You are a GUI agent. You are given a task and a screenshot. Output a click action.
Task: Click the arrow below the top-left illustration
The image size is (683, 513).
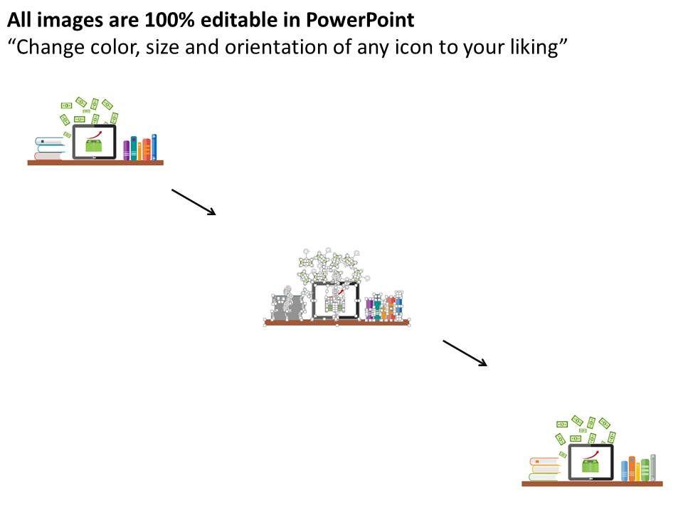click(194, 202)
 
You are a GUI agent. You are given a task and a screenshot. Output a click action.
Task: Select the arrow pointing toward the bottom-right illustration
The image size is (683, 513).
click(465, 353)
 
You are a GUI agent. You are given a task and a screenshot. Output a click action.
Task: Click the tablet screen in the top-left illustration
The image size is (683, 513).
click(94, 142)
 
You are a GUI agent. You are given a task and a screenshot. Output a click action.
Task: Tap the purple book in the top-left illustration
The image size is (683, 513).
click(127, 150)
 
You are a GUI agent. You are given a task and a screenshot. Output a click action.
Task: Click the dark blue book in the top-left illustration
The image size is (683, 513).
click(154, 147)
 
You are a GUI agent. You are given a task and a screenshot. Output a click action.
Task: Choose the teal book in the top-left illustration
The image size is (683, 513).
click(133, 148)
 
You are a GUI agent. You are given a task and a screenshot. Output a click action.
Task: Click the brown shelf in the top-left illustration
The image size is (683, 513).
click(95, 162)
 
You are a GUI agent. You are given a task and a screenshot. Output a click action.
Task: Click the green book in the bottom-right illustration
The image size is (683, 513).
click(645, 470)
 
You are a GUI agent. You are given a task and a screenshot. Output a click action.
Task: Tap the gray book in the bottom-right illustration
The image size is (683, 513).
click(652, 467)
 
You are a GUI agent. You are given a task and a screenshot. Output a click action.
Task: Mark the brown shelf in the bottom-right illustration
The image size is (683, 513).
click(592, 484)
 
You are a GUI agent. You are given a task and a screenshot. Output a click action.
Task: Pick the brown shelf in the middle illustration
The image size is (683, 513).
click(337, 323)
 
